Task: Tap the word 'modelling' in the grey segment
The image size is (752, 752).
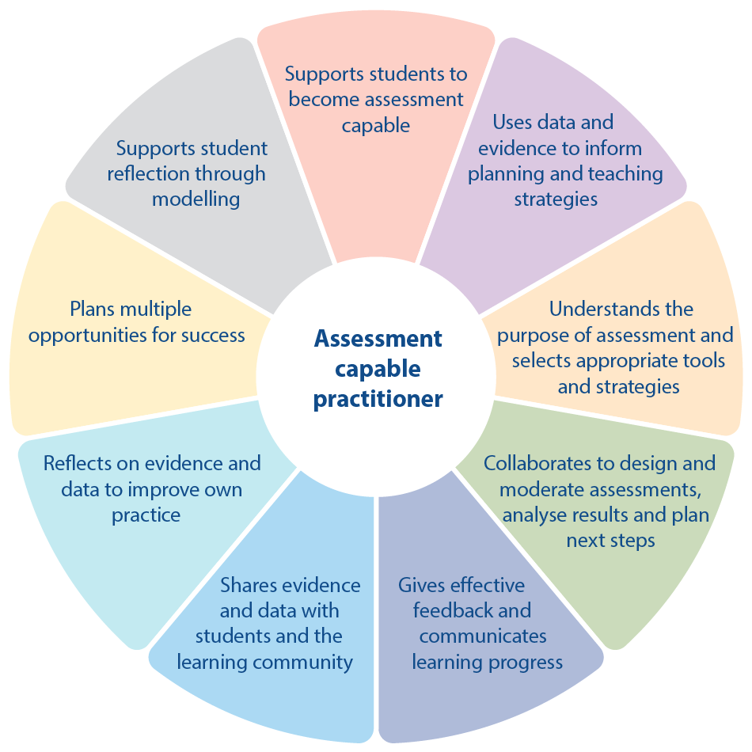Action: (196, 199)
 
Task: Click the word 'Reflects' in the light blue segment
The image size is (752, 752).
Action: (78, 463)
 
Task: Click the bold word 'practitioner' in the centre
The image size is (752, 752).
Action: (378, 398)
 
